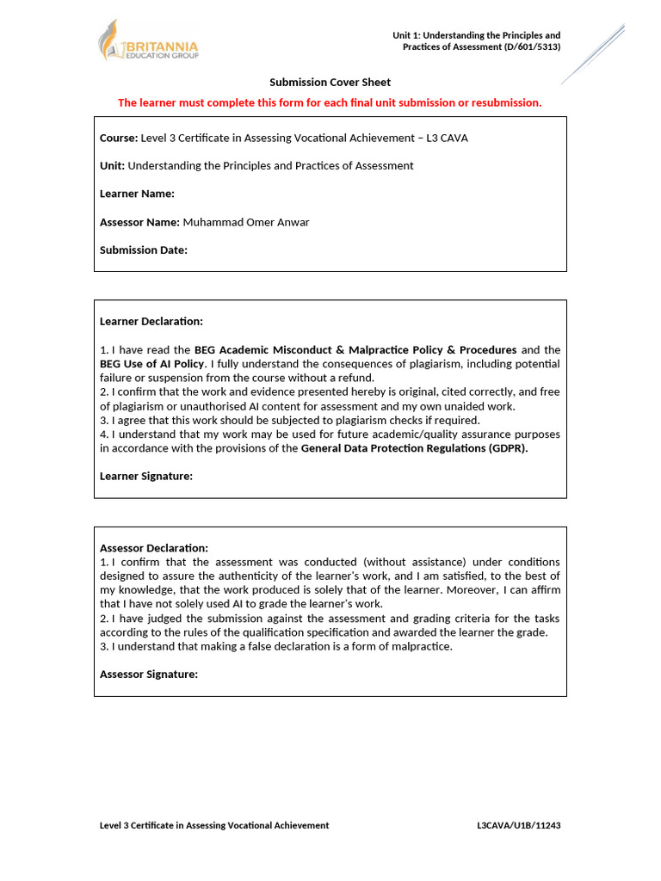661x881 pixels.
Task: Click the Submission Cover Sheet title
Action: coord(330,83)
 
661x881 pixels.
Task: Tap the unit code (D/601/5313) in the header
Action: coord(532,46)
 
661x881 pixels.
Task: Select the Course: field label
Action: coord(119,138)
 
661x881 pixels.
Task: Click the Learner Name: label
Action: coord(137,194)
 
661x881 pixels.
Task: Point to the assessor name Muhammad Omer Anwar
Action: coord(245,222)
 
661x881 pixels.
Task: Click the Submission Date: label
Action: coord(143,250)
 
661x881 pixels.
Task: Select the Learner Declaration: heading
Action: coord(151,322)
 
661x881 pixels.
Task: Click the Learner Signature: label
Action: coord(146,476)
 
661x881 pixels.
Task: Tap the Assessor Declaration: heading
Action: coord(154,548)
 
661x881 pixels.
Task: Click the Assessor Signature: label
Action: coord(149,675)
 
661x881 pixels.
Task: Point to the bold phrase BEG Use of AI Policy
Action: coord(152,364)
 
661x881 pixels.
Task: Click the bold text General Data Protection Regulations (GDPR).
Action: coord(414,448)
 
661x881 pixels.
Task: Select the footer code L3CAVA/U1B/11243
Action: coord(519,825)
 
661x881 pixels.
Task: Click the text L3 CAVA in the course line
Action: coord(448,138)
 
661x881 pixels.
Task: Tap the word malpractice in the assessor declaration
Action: coord(419,646)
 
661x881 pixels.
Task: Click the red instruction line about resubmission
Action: coord(330,103)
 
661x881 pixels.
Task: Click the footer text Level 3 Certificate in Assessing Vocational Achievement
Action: coord(214,825)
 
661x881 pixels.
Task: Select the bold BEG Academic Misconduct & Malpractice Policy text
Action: coord(355,350)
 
